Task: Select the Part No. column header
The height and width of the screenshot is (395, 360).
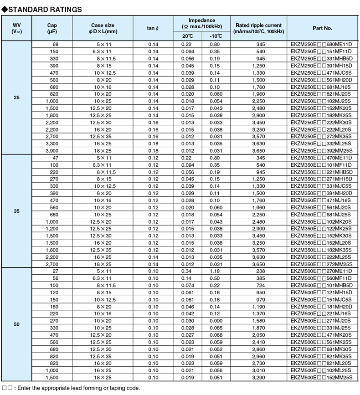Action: tap(322, 28)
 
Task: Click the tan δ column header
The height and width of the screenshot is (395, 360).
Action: tap(153, 28)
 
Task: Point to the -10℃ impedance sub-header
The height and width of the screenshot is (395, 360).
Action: tap(216, 36)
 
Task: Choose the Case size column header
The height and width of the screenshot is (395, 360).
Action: tap(102, 28)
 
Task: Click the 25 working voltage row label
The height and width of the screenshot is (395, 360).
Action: tap(17, 98)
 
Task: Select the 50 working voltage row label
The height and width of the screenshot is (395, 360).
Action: tap(17, 324)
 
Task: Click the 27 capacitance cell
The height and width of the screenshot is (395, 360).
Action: tap(57, 271)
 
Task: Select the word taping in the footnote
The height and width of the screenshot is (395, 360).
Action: tap(109, 388)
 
